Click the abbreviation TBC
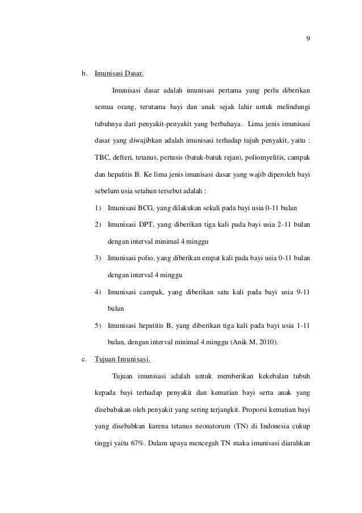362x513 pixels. [103, 156]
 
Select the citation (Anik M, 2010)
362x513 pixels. [258, 342]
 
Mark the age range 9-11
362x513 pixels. [303, 293]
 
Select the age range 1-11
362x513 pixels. [304, 326]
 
